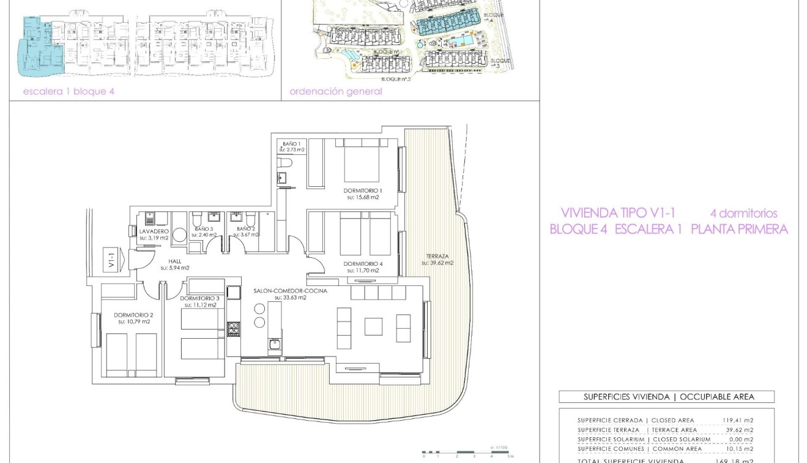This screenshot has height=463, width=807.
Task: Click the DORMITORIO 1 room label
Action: click(364, 190)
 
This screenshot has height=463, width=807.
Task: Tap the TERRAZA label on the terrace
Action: click(437, 256)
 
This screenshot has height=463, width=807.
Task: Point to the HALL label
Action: click(174, 262)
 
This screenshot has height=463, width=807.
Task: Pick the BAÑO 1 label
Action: click(291, 143)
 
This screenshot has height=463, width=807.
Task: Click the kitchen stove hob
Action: click(234, 329)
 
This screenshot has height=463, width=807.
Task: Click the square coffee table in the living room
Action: click(373, 326)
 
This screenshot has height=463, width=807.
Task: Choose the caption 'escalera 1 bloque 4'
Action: click(69, 92)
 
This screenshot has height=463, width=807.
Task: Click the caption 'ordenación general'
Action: click(336, 92)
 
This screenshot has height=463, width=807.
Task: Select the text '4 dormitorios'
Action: click(743, 214)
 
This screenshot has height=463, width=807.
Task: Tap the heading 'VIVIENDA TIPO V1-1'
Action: click(618, 213)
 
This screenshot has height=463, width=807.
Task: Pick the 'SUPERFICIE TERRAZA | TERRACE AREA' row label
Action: click(637, 430)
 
